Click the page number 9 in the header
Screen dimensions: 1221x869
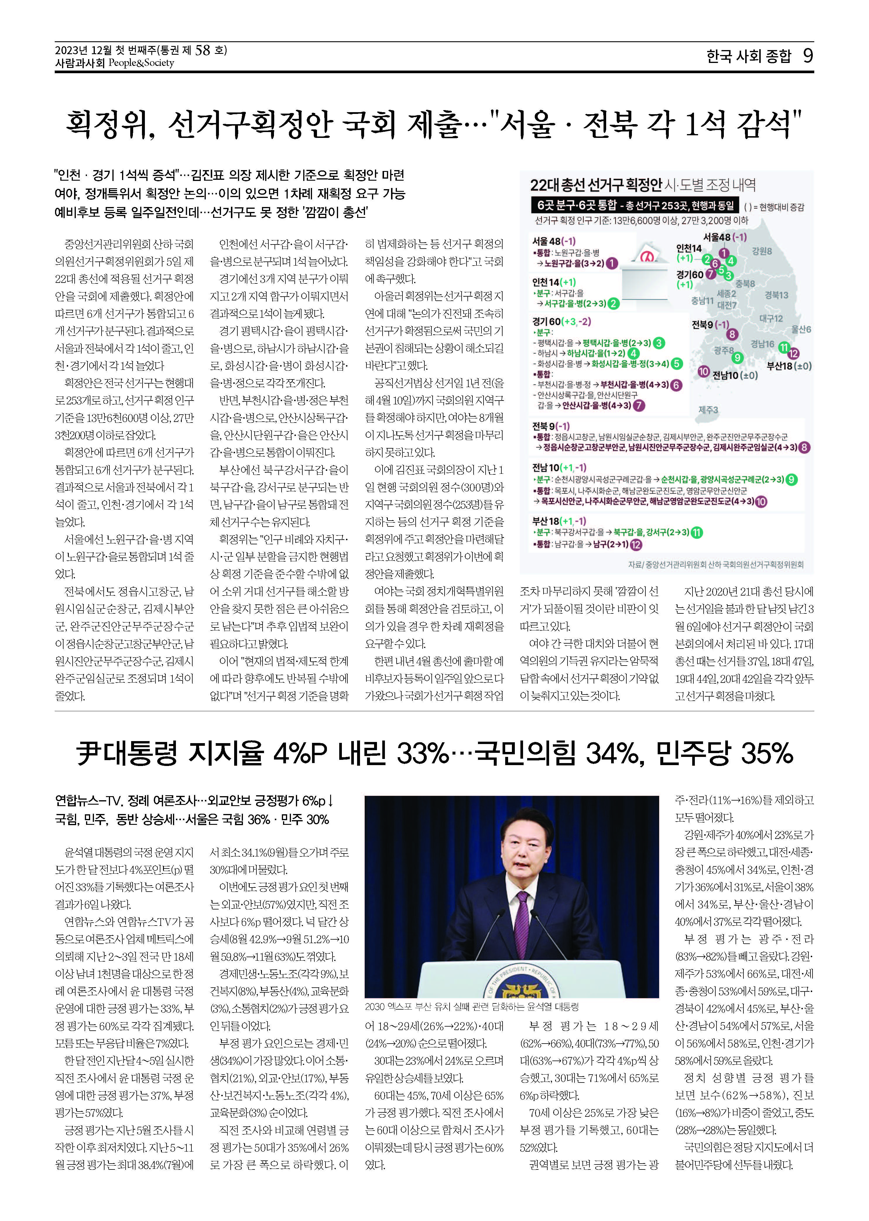[x=808, y=56]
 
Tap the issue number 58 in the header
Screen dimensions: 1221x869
[x=203, y=51]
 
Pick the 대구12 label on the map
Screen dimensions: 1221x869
[x=771, y=319]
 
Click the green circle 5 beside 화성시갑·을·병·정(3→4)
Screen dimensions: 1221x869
[x=677, y=364]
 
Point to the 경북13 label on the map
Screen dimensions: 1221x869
[x=776, y=295]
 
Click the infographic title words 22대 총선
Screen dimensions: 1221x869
[x=556, y=186]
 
